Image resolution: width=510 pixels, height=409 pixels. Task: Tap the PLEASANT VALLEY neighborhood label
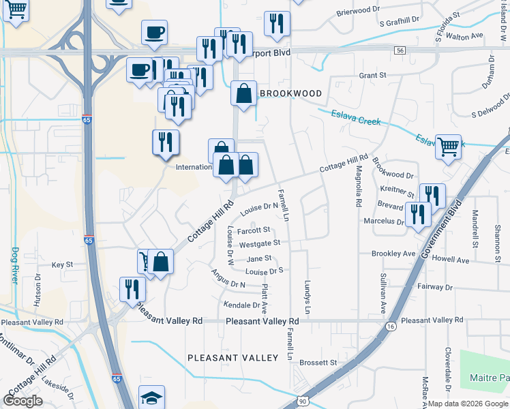click(x=232, y=358)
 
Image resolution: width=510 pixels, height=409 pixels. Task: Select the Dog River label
click(x=15, y=265)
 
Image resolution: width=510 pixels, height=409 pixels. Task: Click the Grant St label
click(x=372, y=74)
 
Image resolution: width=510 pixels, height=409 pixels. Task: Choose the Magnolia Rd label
click(x=358, y=189)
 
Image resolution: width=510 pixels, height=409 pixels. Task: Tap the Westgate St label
click(x=260, y=243)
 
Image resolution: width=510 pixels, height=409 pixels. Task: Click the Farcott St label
click(x=254, y=230)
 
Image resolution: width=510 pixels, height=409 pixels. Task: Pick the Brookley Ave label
click(x=393, y=254)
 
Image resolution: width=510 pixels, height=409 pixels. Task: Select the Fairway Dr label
click(x=430, y=287)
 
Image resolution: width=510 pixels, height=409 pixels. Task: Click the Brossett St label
click(x=318, y=363)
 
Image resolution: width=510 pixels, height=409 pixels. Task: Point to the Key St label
click(x=62, y=264)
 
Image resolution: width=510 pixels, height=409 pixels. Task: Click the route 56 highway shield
click(x=400, y=50)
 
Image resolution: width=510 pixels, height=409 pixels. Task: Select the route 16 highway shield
click(x=390, y=327)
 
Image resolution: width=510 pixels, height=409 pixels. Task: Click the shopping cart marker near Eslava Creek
click(x=448, y=146)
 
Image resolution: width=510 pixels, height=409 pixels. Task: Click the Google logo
click(x=23, y=401)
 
